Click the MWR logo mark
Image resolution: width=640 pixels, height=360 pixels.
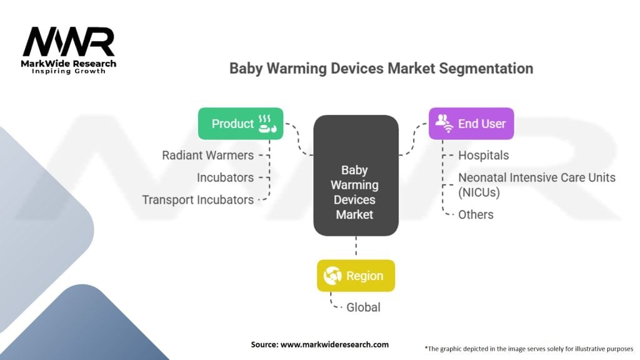coord(69,41)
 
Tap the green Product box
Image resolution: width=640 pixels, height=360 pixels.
coord(241,124)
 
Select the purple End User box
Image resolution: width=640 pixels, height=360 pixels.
coord(471,124)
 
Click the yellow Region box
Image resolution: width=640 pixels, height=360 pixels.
coord(356,276)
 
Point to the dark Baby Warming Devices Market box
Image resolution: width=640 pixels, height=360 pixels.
coord(356,176)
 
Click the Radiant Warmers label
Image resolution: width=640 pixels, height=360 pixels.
coord(207,156)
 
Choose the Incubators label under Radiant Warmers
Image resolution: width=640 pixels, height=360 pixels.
coord(225,177)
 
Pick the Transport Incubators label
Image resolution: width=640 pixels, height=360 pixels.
coord(198,200)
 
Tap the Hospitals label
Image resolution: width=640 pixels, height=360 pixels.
coord(483,156)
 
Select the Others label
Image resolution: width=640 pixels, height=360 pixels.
coord(476,215)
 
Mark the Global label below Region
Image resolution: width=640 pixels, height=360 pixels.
coord(363,307)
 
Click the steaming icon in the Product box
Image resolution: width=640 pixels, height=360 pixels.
coord(267,124)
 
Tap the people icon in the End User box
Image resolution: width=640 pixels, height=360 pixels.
coord(444,123)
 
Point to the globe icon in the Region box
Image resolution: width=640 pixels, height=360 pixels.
coord(332,276)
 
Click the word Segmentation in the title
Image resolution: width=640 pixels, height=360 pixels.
coord(486,69)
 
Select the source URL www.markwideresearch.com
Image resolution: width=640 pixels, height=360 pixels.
coord(335,344)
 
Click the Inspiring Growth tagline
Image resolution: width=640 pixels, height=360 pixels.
coord(69,71)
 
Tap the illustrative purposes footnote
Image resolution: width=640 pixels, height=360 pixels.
coord(529,349)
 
